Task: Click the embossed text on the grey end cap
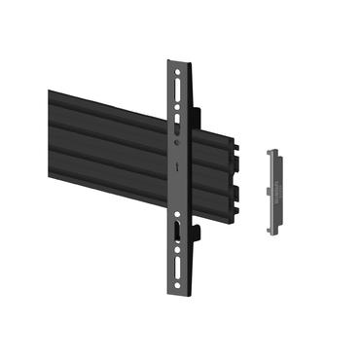pos(275,191)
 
